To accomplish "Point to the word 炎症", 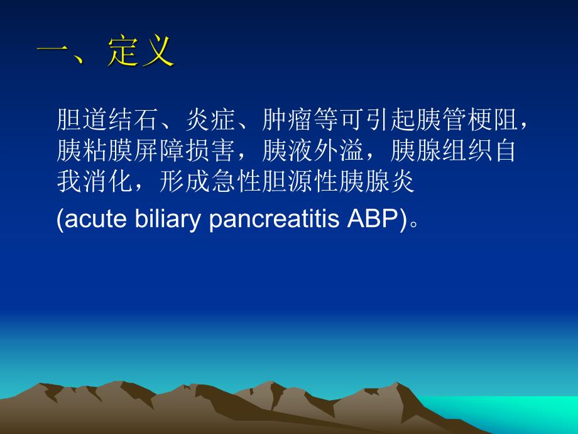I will [211, 120].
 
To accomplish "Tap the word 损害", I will [211, 152].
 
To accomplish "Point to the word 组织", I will [462, 152].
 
